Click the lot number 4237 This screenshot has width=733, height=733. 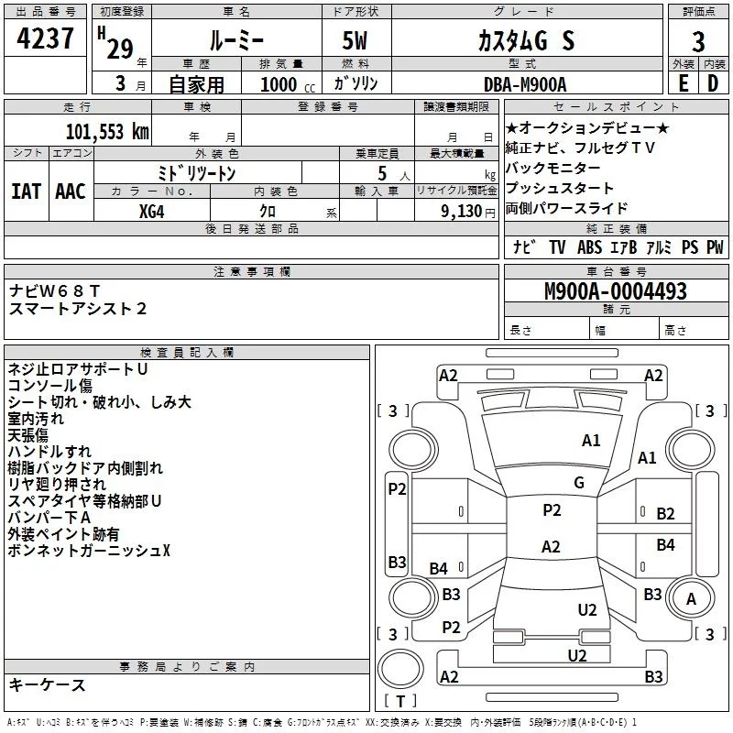point(45,38)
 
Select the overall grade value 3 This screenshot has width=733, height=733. point(698,41)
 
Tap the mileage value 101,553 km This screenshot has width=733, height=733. point(107,132)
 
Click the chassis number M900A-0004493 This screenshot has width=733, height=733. point(616,291)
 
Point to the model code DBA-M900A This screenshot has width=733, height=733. point(525,84)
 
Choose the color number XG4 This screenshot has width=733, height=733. point(151,212)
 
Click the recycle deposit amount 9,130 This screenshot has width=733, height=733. point(462,212)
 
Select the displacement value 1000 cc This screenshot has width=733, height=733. point(288,84)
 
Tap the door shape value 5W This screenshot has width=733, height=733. point(355,40)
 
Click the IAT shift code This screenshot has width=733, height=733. point(27,191)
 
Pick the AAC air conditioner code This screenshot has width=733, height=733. point(71,191)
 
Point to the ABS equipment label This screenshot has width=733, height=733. point(589,246)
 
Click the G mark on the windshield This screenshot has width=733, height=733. point(579,483)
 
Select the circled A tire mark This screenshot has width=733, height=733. point(691,599)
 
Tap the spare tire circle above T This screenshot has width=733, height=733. point(400,669)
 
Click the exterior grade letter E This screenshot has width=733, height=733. point(683,83)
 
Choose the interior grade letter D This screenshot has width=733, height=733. point(713,83)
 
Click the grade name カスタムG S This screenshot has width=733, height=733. point(526,40)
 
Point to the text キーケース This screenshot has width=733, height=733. point(48,685)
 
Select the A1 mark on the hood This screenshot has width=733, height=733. point(591,441)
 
